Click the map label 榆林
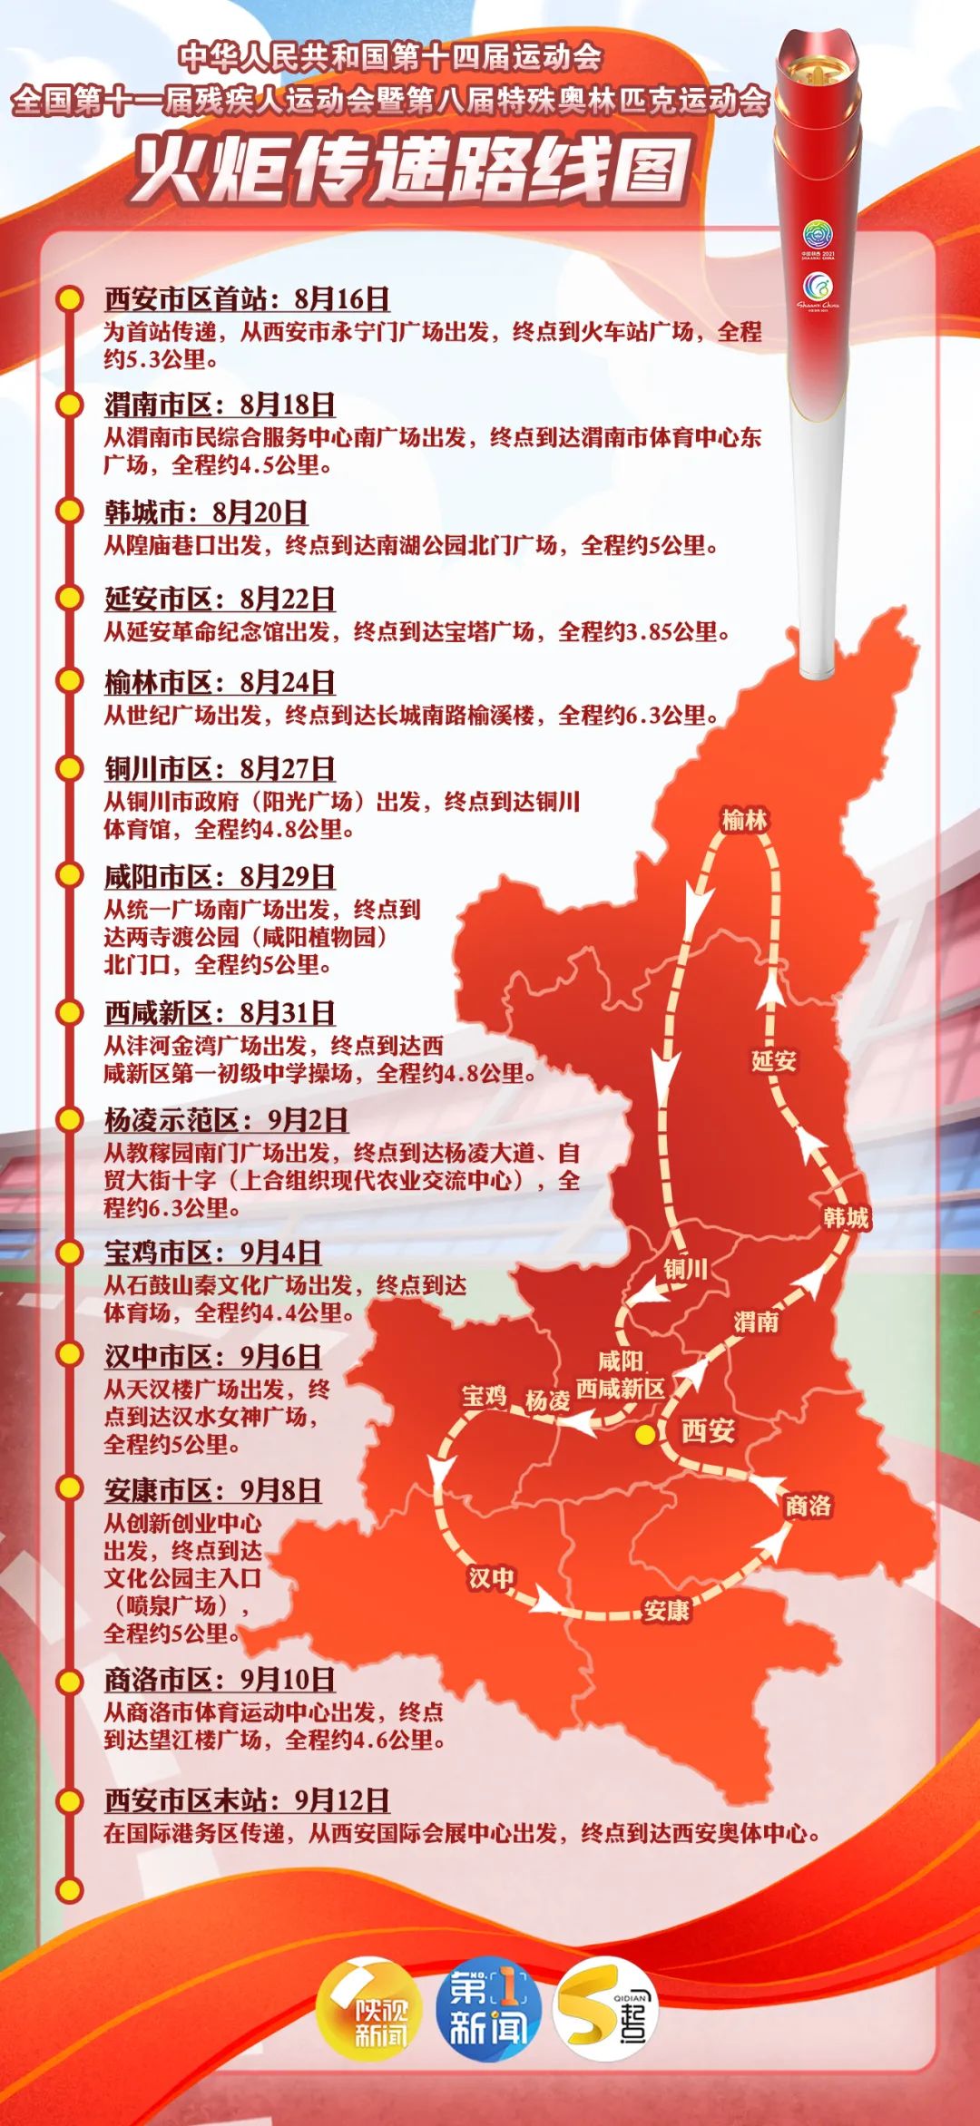[744, 821]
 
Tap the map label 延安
[773, 1060]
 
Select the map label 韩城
[846, 1217]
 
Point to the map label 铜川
[685, 1268]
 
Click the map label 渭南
[756, 1321]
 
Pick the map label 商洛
[808, 1506]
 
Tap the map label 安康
[666, 1611]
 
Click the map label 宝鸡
[485, 1396]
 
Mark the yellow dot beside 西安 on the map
[645, 1435]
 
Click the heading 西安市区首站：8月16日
[247, 298]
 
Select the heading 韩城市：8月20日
[206, 512]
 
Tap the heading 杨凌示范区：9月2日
[226, 1120]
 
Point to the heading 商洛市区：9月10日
[220, 1680]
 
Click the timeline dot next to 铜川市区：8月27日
[70, 768]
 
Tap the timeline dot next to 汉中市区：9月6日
[70, 1354]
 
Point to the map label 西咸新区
[620, 1389]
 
